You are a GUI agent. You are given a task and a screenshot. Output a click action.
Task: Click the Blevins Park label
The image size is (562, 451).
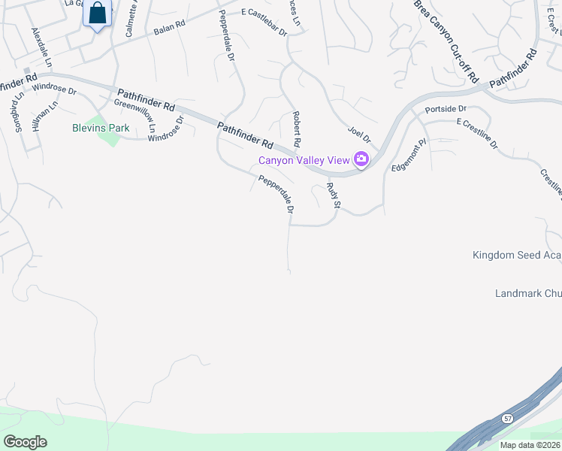click(x=101, y=128)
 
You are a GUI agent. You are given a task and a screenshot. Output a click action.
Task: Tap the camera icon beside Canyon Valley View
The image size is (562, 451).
click(x=361, y=159)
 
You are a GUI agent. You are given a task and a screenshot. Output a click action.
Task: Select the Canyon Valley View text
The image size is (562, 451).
click(x=304, y=159)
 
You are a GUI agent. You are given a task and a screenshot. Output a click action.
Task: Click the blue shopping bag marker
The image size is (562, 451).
click(x=98, y=14)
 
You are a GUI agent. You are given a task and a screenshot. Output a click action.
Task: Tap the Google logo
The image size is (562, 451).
click(x=25, y=441)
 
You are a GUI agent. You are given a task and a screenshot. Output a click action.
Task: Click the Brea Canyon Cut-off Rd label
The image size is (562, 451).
click(x=446, y=41)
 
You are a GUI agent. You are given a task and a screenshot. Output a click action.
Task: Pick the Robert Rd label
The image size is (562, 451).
click(x=296, y=129)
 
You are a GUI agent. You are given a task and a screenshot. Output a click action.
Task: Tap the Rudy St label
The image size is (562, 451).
click(x=334, y=195)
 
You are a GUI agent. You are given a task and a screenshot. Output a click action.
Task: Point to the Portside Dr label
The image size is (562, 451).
click(x=446, y=109)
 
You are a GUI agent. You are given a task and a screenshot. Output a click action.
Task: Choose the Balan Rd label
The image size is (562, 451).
click(x=169, y=29)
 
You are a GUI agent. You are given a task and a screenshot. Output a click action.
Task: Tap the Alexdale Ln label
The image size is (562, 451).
click(x=41, y=47)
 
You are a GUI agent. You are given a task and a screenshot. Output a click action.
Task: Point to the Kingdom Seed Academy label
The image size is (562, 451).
click(x=517, y=255)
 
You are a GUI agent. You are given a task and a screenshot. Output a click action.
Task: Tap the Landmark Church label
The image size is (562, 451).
click(x=528, y=292)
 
